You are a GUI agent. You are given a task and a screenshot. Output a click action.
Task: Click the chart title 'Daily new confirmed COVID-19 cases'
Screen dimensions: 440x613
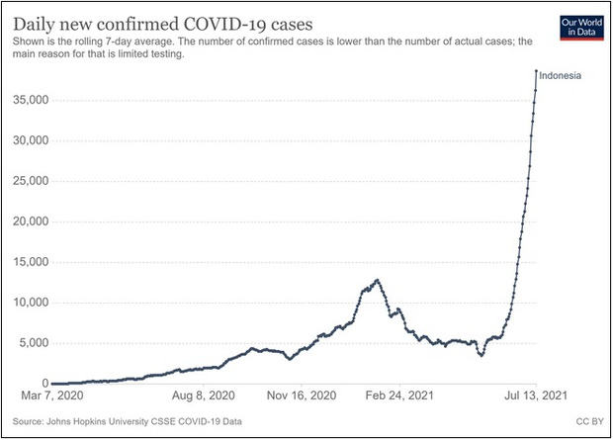(x=163, y=21)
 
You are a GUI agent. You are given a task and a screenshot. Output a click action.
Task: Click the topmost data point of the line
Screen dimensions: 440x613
(x=536, y=71)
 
